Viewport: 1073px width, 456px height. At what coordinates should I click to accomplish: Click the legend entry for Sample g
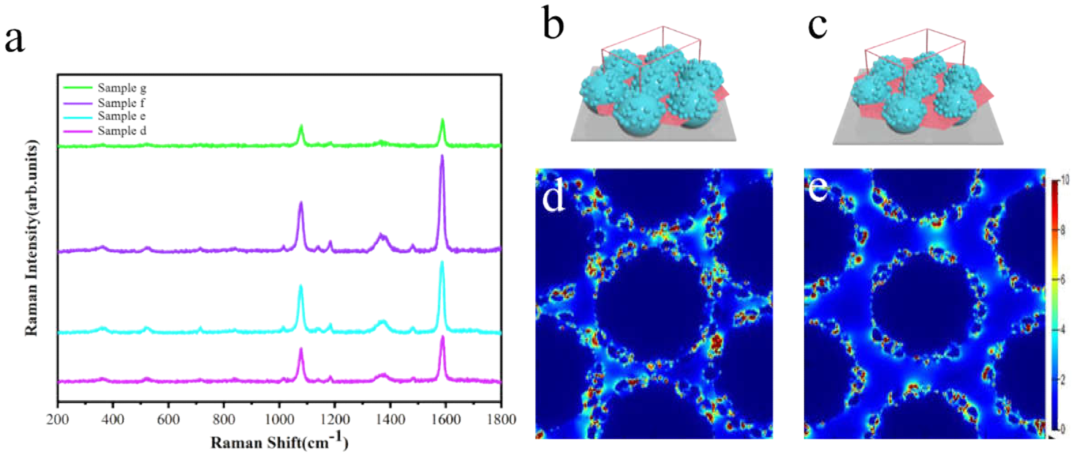click(122, 88)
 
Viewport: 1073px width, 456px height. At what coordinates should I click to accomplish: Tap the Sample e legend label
click(121, 116)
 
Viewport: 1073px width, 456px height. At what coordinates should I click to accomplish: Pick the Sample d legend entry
click(122, 131)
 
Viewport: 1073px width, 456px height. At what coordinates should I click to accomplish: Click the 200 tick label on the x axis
click(57, 419)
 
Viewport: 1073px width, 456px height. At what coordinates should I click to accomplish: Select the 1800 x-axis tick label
click(501, 419)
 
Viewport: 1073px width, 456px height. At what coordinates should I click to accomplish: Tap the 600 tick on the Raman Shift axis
click(168, 419)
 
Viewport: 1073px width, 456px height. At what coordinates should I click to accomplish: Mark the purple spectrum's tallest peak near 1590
click(442, 156)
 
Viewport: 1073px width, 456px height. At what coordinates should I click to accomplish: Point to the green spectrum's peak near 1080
click(301, 126)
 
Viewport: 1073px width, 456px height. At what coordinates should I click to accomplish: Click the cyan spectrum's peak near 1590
click(442, 263)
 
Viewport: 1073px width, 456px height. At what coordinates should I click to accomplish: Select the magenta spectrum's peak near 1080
click(301, 349)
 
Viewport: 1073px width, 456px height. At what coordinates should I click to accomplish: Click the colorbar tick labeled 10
click(1064, 180)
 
